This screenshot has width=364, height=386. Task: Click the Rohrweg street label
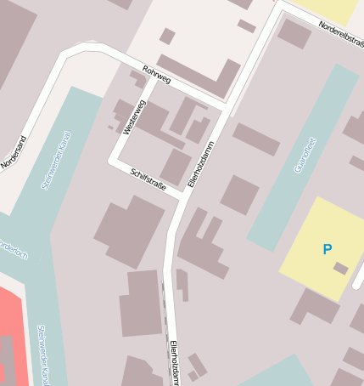pyautogui.click(x=157, y=76)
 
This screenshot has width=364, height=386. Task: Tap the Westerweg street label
pyautogui.click(x=134, y=116)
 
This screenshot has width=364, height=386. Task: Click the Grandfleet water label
pyautogui.click(x=305, y=155)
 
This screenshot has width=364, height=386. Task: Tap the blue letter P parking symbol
pyautogui.click(x=327, y=249)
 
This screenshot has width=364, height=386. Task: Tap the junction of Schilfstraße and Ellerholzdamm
pyautogui.click(x=184, y=196)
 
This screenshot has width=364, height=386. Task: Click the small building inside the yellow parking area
pyautogui.click(x=340, y=269)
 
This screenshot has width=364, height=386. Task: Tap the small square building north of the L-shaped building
pyautogui.click(x=167, y=36)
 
